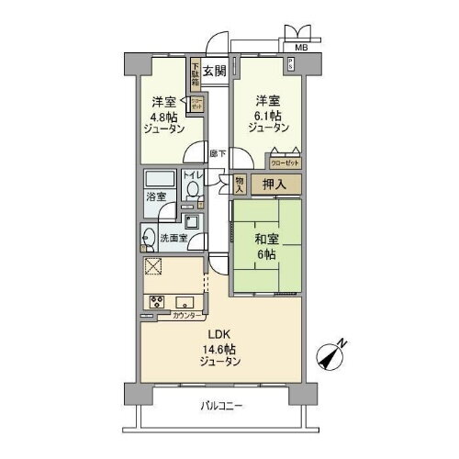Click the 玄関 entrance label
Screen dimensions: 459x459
click(x=215, y=70)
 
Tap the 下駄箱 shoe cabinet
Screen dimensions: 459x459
click(x=195, y=73)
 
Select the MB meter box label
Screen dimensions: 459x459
click(x=301, y=47)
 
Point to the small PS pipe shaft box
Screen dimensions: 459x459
click(x=291, y=64)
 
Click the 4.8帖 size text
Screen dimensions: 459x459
click(x=166, y=117)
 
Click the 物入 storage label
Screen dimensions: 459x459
click(x=241, y=184)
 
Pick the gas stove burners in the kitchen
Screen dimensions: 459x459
click(x=154, y=302)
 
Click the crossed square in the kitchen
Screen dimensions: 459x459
click(x=153, y=267)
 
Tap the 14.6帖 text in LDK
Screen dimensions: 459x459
click(x=221, y=349)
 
